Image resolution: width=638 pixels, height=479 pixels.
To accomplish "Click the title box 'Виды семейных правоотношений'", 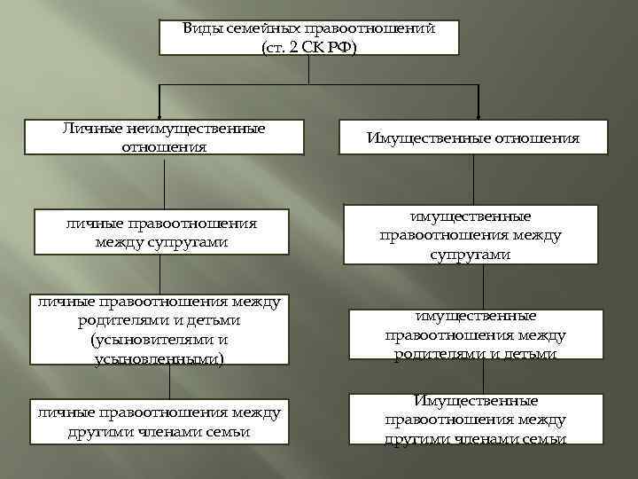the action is click(x=308, y=37).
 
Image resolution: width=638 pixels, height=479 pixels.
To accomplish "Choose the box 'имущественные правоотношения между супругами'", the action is click(x=470, y=236).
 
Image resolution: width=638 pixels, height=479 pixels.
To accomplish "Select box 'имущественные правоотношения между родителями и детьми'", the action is click(x=475, y=334).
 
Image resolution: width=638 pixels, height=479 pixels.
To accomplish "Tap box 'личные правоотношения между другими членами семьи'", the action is click(x=159, y=421).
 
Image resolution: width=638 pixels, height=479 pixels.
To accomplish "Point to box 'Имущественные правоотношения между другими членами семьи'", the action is click(x=475, y=420).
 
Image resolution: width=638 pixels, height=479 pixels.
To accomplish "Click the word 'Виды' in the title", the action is click(x=202, y=28).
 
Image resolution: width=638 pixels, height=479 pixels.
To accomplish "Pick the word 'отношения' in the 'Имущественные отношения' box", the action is click(x=537, y=138).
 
